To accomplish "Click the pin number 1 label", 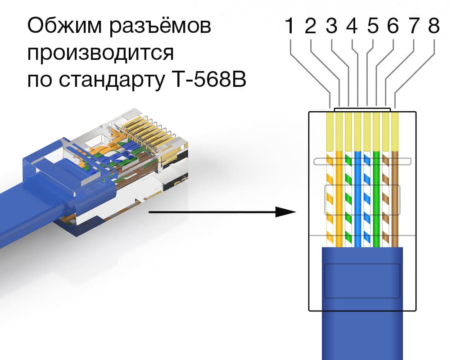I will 290,27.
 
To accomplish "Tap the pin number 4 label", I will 352,27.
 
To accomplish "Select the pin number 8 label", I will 434,27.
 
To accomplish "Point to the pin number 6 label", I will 393,27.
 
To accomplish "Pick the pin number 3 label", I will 331,27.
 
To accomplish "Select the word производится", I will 100,54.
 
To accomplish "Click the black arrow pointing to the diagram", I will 221,211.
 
